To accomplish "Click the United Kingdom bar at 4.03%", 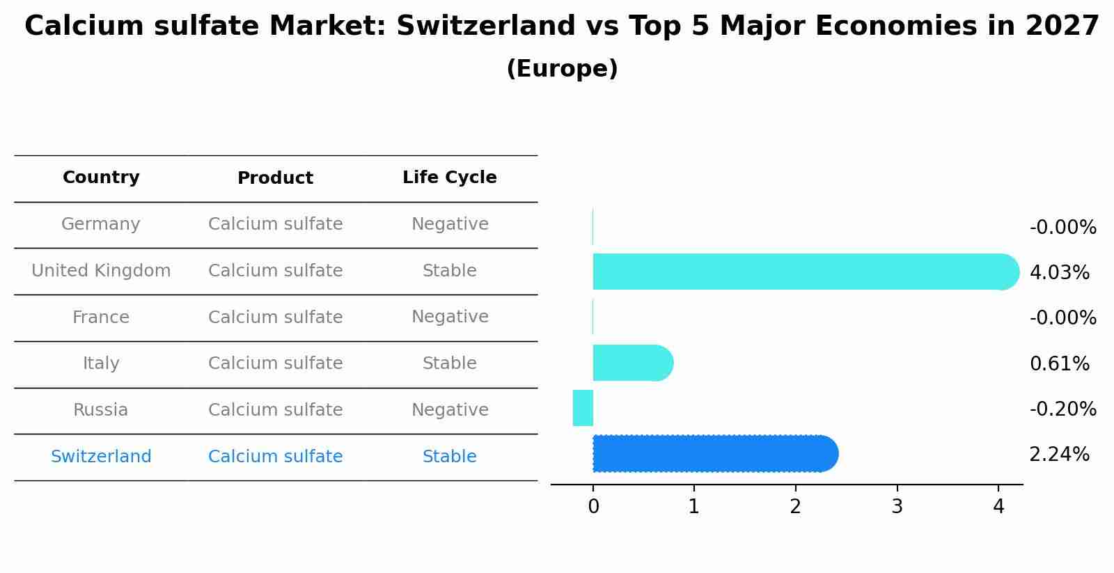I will [801, 272].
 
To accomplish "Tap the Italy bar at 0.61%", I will [631, 363].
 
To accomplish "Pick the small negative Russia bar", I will [583, 408].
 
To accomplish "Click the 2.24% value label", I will [1059, 455].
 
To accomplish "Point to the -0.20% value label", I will [1062, 409].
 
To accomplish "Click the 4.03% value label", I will [1059, 273].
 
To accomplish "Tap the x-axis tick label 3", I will [897, 508].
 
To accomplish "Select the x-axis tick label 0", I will [593, 508].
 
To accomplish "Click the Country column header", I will [101, 178].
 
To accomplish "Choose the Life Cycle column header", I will [449, 178].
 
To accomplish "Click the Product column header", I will [275, 178].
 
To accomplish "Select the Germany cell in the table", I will [101, 224].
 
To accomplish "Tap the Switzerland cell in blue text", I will [101, 457].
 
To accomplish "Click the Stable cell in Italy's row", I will [449, 363].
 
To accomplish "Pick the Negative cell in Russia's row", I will [449, 410].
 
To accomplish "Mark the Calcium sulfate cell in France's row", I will [275, 317].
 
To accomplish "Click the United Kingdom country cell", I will [101, 271].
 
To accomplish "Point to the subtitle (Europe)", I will [562, 69].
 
